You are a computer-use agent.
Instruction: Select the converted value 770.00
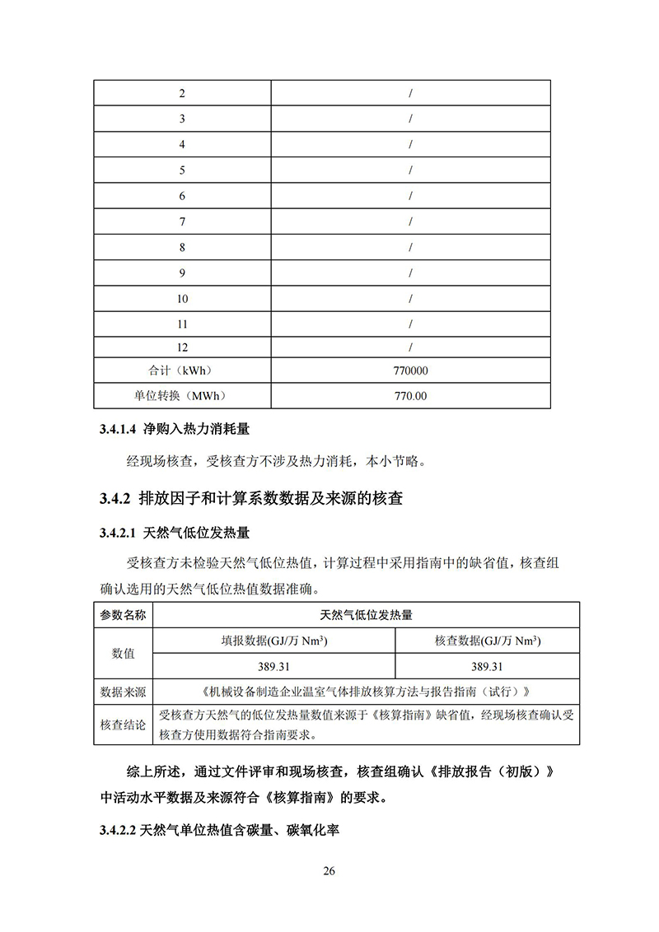410,397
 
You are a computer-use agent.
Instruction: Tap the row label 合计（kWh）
182,371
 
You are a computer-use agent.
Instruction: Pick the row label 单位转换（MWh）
182,397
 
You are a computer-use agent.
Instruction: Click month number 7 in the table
182,222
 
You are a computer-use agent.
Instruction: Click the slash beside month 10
410,299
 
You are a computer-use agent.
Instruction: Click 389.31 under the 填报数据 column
274,667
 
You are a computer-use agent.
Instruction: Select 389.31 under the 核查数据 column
488,667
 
